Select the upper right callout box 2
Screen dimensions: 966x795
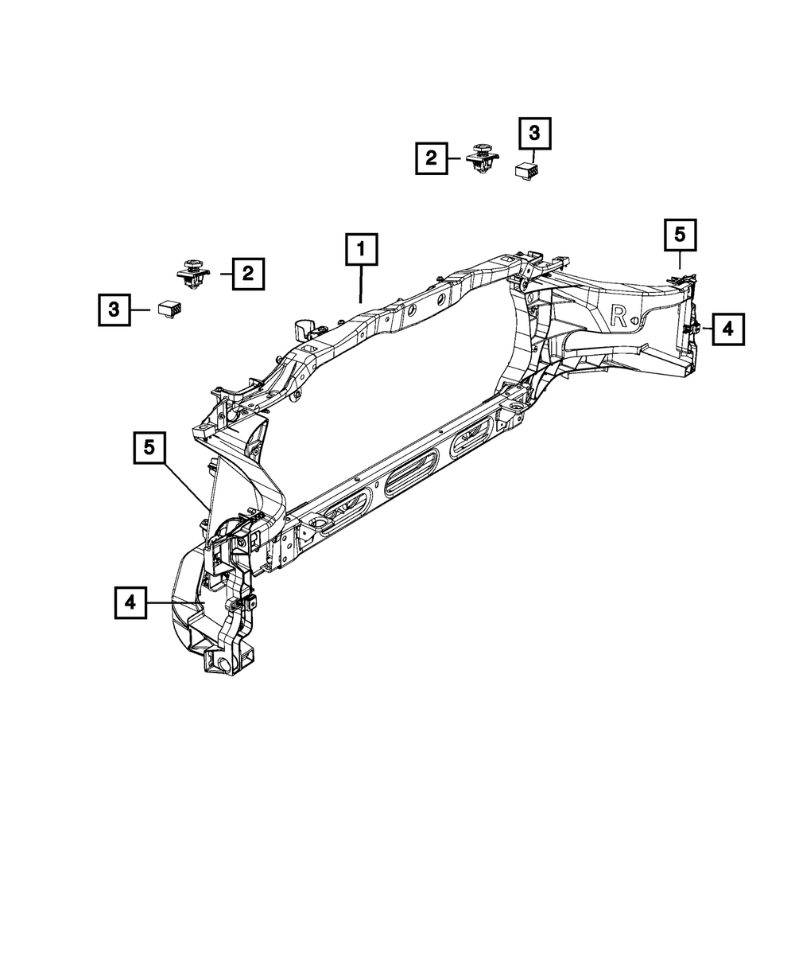click(431, 158)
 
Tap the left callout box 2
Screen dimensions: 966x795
click(248, 275)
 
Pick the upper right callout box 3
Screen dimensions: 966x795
click(534, 134)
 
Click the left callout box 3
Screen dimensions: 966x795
click(114, 310)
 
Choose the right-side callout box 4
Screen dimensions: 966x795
click(728, 328)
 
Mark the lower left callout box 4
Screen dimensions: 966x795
click(130, 603)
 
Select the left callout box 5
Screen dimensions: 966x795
click(149, 448)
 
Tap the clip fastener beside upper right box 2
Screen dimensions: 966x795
click(480, 160)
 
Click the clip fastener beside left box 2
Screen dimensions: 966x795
click(191, 273)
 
